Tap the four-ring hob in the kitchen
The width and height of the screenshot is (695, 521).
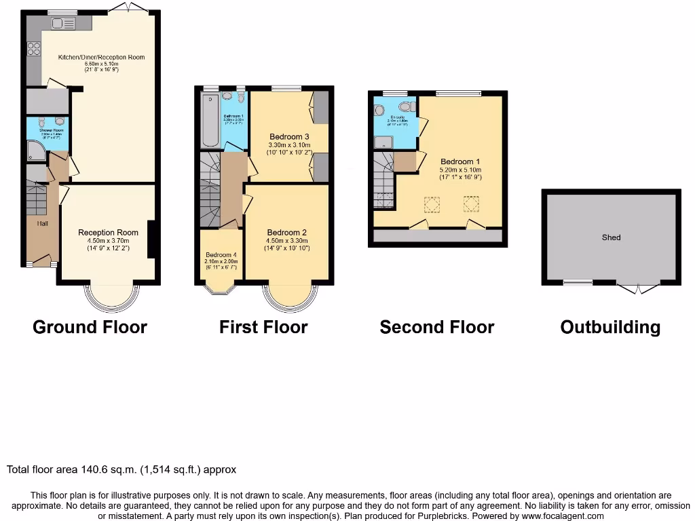tap(33, 48)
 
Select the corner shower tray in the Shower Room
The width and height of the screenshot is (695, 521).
tap(35, 151)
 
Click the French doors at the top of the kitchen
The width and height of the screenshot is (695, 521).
tap(130, 7)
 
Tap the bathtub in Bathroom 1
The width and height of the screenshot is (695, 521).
tap(209, 121)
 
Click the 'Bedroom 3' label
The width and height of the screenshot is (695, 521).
tap(289, 136)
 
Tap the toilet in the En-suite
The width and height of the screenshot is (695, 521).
tap(407, 107)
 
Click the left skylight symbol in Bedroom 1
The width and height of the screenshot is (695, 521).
tap(432, 204)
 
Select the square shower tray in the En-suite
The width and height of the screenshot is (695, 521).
tap(383, 141)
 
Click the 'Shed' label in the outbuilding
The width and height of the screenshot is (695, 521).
tap(611, 237)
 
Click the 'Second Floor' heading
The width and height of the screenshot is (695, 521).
tap(436, 328)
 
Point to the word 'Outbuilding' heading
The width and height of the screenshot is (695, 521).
tap(609, 328)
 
